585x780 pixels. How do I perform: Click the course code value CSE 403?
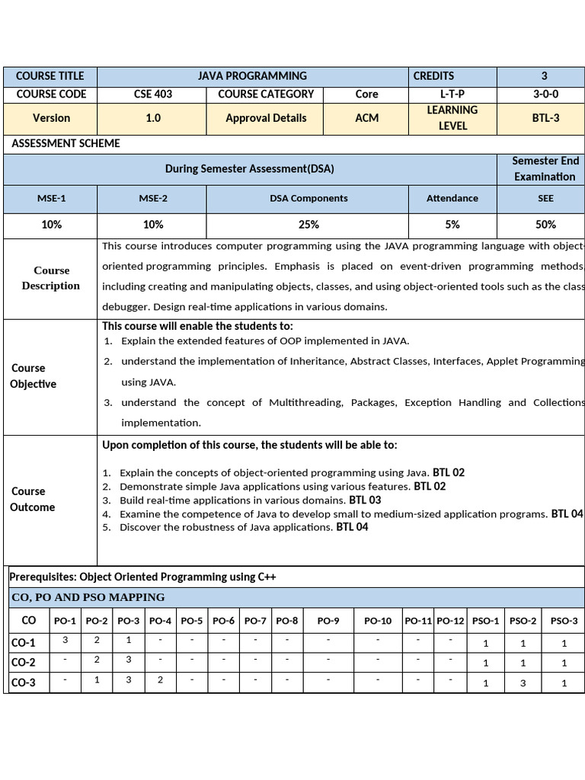152,94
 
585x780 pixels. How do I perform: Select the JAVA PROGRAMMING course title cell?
252,76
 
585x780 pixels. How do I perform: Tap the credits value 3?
544,76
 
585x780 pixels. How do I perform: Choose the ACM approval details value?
366,118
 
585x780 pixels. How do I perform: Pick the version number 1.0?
152,118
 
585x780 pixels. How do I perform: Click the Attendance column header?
452,198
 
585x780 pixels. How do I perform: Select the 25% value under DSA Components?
308,225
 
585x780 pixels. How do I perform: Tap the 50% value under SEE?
545,225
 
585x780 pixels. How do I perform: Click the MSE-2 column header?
152,198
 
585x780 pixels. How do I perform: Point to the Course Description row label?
50,278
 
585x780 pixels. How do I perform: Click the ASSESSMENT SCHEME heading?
66,143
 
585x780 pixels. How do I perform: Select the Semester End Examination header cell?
545,168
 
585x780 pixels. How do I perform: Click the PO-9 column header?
328,621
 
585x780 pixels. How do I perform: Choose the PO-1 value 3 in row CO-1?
66,641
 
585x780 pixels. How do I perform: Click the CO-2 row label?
24,663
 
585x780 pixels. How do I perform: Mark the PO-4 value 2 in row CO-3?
160,680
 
